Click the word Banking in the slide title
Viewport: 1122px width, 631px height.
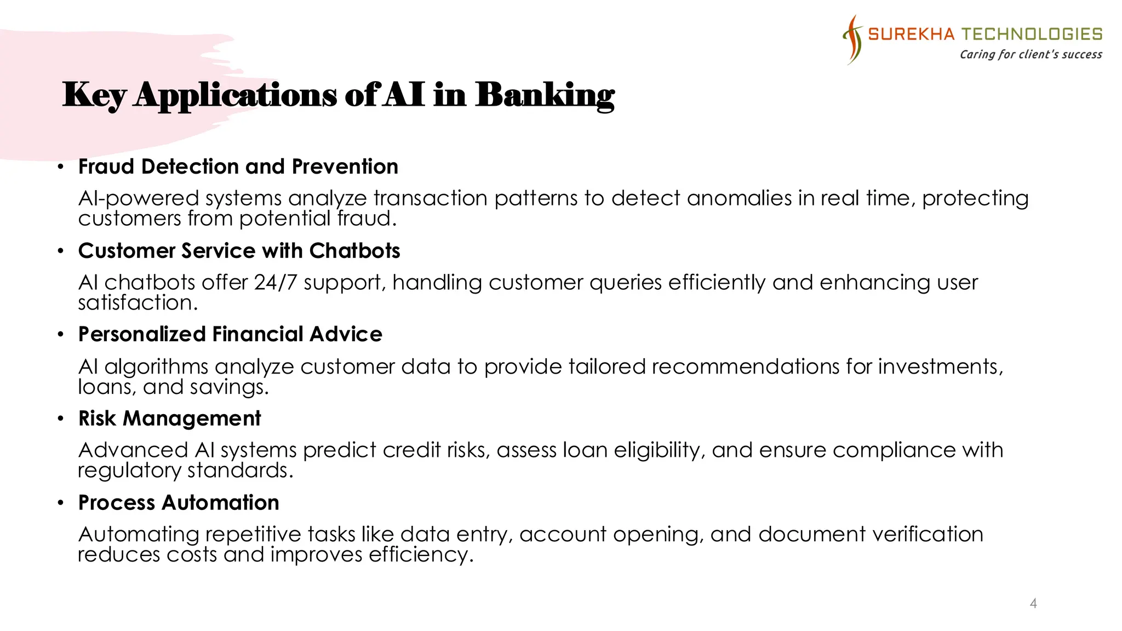point(545,95)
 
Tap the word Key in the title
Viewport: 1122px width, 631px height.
point(94,96)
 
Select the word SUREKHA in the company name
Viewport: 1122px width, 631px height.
point(911,34)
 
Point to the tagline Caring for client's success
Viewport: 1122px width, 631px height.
point(1031,54)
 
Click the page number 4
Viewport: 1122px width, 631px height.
point(1033,603)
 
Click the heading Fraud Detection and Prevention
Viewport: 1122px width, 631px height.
point(238,167)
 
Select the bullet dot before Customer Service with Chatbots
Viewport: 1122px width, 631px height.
point(61,251)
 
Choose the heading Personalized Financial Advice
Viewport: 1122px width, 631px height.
point(230,334)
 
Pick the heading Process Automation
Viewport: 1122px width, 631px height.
point(179,503)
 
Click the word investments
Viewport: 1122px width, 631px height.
point(940,366)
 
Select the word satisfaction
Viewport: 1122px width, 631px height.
point(138,303)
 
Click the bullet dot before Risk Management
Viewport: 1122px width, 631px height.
point(61,419)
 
